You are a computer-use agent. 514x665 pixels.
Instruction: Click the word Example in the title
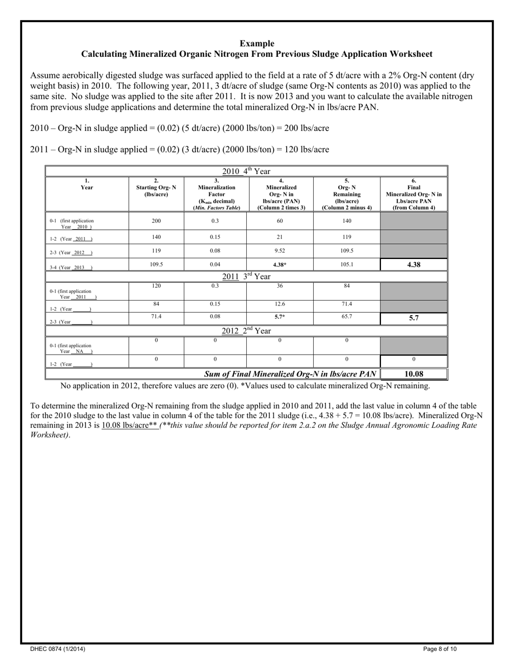coord(257,43)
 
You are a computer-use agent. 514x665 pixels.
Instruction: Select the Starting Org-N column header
coord(156,187)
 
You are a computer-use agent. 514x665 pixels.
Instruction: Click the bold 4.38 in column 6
coord(414,265)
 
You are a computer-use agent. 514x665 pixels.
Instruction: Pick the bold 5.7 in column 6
coord(414,318)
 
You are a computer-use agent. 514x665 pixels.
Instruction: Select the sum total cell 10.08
coord(414,374)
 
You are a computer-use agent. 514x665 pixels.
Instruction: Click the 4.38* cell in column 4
coord(280,265)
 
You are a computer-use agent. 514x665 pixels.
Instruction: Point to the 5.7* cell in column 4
coord(280,318)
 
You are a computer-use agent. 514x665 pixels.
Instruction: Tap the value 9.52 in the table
coord(280,251)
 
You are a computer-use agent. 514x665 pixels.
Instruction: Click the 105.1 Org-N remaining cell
coord(347,265)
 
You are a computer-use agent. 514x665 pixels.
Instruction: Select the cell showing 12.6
coord(280,304)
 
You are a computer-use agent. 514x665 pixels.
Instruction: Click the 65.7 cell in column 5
coord(347,318)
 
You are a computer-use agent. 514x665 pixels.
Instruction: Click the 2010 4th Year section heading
coord(247,171)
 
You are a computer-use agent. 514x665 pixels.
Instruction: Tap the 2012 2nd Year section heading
coord(247,330)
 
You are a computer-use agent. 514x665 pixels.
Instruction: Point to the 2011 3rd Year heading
coord(247,276)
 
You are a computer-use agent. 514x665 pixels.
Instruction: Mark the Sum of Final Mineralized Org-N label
coord(290,374)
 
